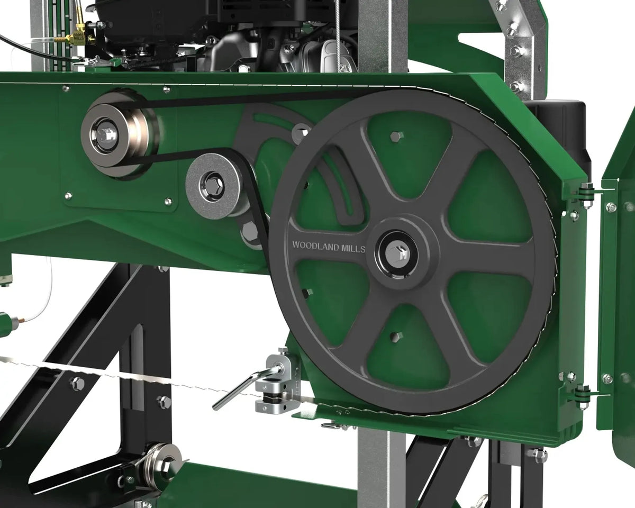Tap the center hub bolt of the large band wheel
pos(397,253)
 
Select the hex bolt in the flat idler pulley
pos(212,185)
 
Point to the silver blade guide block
pos(273,384)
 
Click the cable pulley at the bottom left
pos(162,466)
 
